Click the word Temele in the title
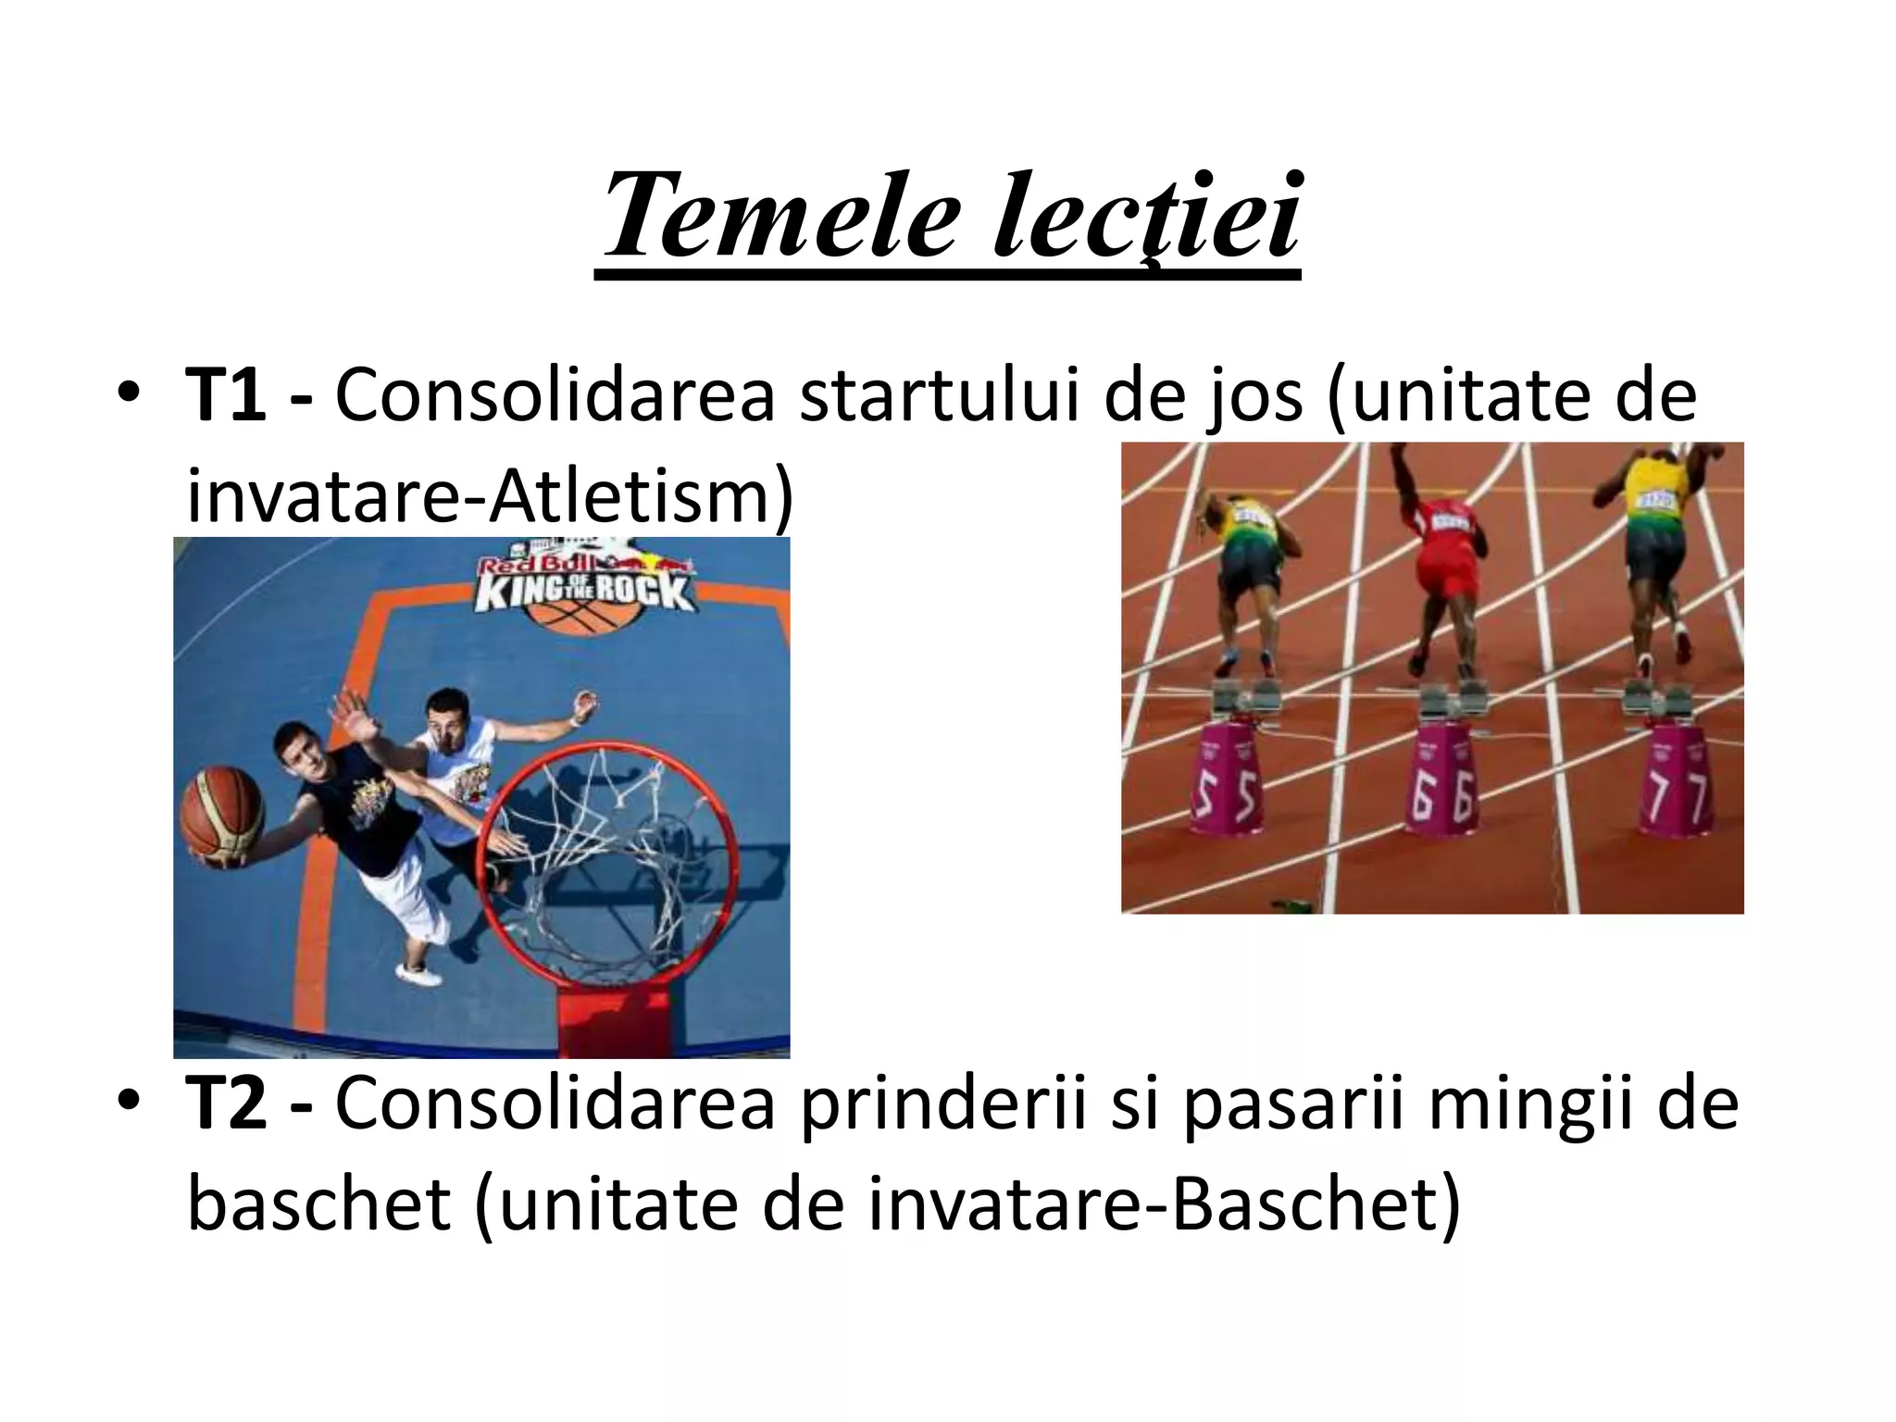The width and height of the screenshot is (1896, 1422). click(778, 218)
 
